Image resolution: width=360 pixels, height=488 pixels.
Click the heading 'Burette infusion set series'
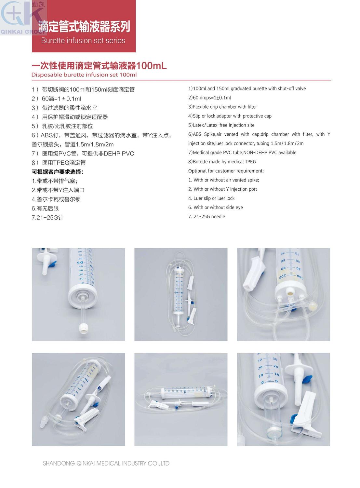click(x=83, y=41)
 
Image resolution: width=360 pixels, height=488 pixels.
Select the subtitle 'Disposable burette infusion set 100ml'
click(x=84, y=75)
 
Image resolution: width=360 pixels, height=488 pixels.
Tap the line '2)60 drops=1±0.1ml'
click(x=209, y=98)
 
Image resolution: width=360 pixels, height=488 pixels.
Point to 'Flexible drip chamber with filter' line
click(x=222, y=107)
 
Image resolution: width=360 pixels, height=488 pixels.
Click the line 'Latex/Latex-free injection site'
click(x=221, y=125)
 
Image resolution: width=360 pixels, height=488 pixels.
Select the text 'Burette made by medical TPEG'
click(x=222, y=162)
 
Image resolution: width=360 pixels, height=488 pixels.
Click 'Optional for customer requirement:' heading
click(x=226, y=171)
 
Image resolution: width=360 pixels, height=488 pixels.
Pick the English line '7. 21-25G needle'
click(x=207, y=216)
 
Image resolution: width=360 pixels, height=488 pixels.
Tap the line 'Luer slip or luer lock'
click(x=211, y=198)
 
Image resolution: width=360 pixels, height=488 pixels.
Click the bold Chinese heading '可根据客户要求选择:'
click(x=58, y=172)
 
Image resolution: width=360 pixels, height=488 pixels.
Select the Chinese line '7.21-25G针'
click(x=47, y=218)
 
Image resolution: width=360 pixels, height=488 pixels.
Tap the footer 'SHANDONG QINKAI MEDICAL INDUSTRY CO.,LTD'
click(x=106, y=463)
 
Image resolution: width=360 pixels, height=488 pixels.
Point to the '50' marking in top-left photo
click(x=80, y=262)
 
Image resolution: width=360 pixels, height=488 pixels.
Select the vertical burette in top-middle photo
click(x=179, y=291)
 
